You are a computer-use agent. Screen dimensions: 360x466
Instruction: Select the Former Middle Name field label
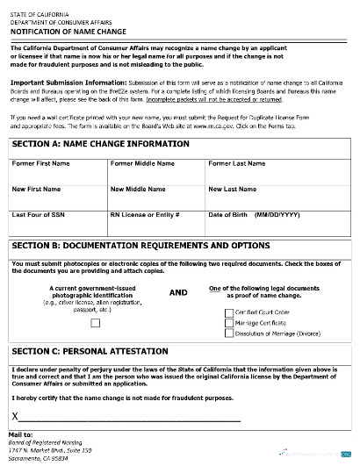click(x=140, y=163)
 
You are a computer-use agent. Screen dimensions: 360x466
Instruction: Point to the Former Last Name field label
click(x=236, y=163)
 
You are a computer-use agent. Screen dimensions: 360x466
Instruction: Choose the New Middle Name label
click(x=137, y=189)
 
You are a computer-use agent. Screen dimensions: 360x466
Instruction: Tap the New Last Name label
click(x=233, y=189)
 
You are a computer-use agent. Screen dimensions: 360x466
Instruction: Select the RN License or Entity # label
click(x=146, y=214)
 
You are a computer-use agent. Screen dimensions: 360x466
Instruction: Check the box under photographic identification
click(x=96, y=321)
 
